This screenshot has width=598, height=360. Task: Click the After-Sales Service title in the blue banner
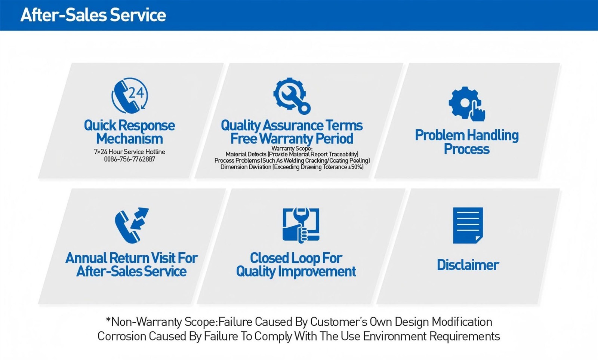click(93, 15)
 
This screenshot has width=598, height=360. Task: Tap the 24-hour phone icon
click(130, 96)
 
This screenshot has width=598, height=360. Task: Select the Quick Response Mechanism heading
click(129, 132)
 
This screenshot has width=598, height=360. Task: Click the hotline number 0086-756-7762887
click(129, 159)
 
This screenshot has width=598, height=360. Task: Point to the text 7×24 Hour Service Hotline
click(129, 152)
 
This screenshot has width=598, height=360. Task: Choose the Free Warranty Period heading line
click(292, 139)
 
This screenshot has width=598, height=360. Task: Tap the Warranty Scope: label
click(292, 148)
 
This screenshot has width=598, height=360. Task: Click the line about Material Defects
click(292, 154)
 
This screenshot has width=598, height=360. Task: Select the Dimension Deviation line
click(292, 167)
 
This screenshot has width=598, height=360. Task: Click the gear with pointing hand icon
click(466, 104)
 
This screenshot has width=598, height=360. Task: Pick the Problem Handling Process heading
click(466, 142)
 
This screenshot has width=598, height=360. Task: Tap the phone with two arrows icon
click(131, 225)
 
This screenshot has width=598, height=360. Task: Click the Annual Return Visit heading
click(131, 264)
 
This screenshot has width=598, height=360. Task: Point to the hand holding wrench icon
click(300, 225)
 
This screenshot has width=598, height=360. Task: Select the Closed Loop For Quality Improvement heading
click(296, 264)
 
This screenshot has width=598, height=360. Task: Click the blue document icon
click(468, 225)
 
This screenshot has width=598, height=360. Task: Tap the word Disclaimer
click(468, 265)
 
